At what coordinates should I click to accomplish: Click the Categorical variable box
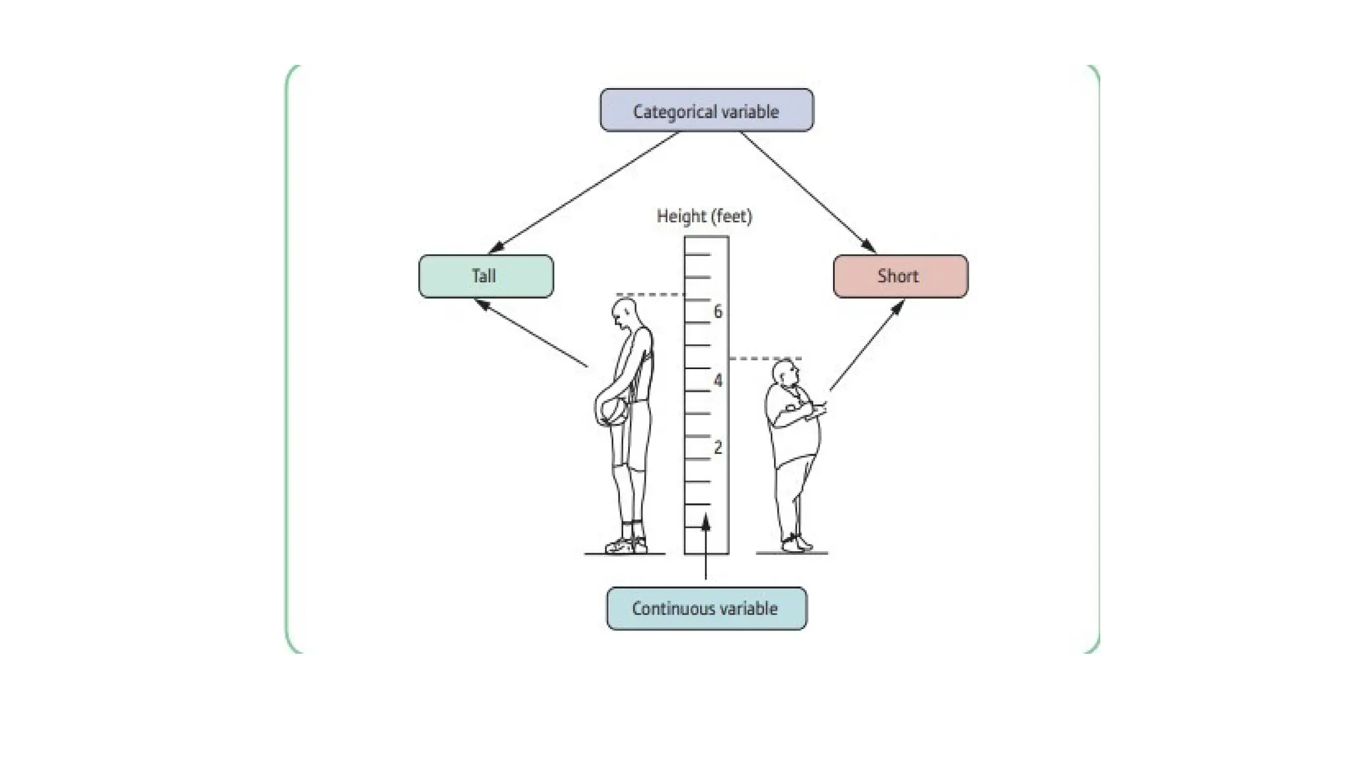click(x=706, y=110)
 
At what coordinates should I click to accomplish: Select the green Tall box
click(x=486, y=276)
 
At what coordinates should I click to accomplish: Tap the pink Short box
click(x=900, y=276)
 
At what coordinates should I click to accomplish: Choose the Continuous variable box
click(x=706, y=609)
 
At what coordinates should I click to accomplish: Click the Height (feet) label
click(x=704, y=216)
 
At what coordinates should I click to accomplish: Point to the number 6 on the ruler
click(x=718, y=312)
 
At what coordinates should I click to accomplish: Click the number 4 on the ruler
click(x=718, y=380)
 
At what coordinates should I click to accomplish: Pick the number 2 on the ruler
click(x=718, y=448)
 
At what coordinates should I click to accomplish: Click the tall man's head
click(x=624, y=312)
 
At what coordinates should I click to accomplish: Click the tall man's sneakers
click(x=625, y=546)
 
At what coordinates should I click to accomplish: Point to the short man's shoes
click(x=796, y=544)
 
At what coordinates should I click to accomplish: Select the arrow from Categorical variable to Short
click(x=807, y=192)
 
